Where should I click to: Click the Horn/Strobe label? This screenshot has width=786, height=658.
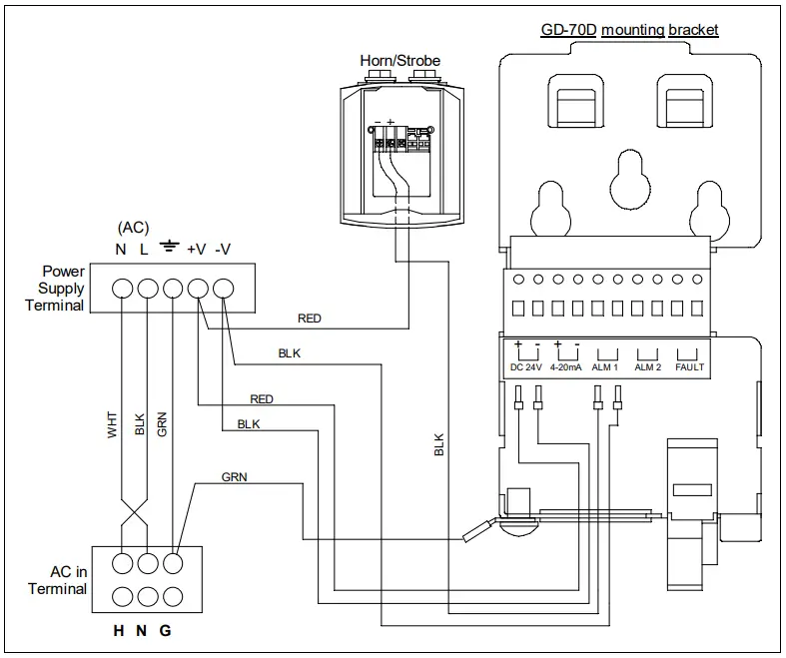click(x=399, y=61)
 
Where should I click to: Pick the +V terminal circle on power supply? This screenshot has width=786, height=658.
click(x=198, y=289)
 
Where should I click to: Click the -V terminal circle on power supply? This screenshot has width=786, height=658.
click(x=224, y=289)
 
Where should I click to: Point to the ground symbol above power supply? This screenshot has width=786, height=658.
click(x=171, y=247)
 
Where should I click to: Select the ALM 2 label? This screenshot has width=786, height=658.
click(x=648, y=367)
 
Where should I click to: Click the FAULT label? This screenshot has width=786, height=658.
click(x=689, y=367)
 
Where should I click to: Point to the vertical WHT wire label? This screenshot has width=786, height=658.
click(x=113, y=423)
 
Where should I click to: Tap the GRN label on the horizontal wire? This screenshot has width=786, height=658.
click(x=234, y=477)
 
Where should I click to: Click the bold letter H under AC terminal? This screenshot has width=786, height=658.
click(x=120, y=632)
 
